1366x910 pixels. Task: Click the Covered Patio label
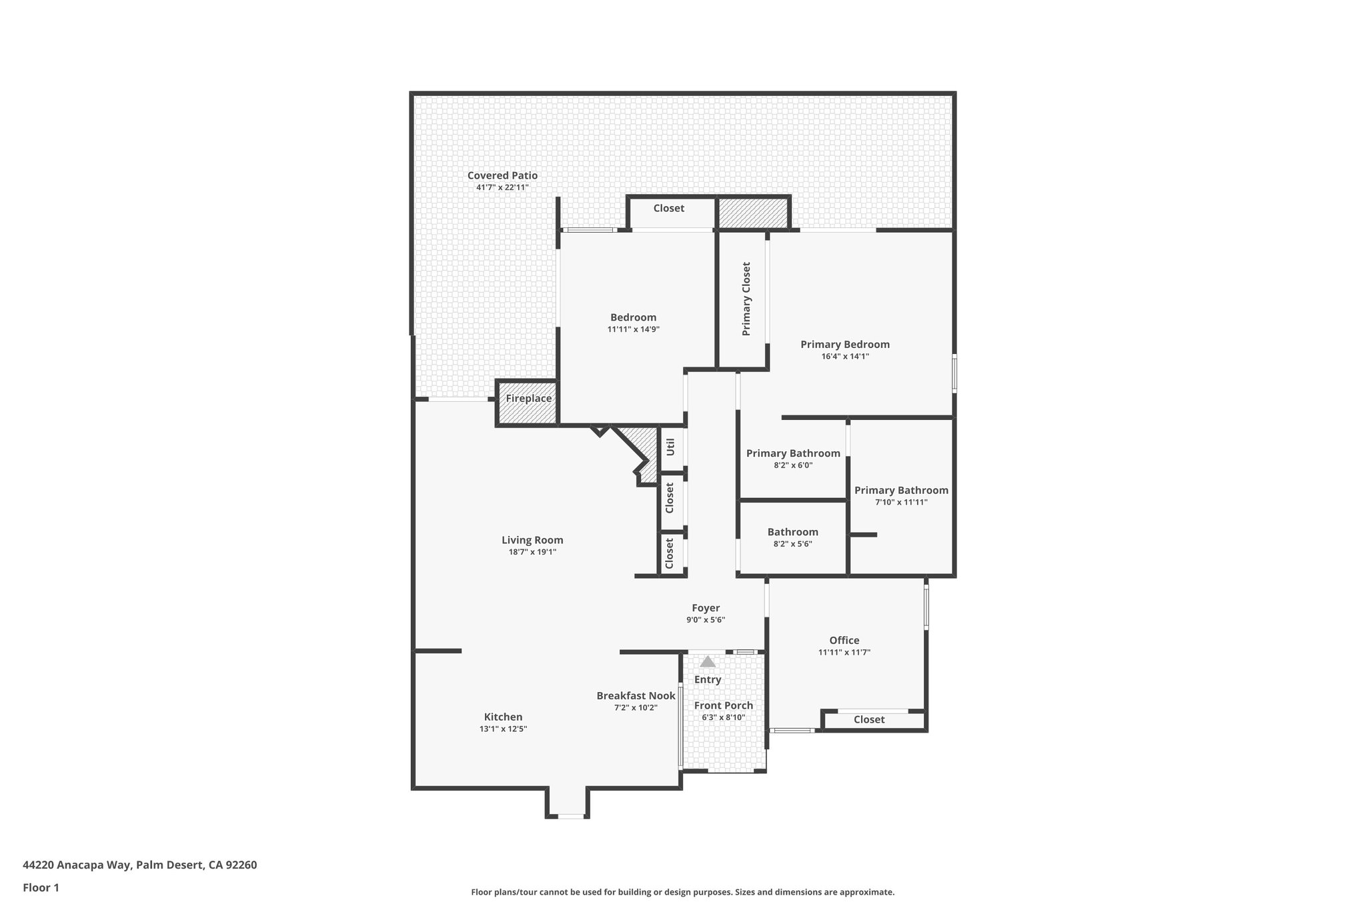point(502,176)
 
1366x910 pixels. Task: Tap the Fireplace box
point(528,399)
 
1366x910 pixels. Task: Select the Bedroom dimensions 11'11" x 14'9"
point(633,329)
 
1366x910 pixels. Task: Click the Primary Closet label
point(746,299)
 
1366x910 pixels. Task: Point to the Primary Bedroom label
point(844,345)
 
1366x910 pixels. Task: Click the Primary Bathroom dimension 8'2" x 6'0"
point(792,465)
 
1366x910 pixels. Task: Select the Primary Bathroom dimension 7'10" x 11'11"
point(900,503)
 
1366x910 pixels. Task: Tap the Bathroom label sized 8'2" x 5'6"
point(792,532)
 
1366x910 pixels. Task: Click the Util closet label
point(670,447)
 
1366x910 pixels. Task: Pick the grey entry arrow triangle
point(707,662)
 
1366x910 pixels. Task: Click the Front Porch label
point(723,705)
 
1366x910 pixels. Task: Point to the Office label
point(844,641)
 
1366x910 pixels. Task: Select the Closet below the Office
point(868,720)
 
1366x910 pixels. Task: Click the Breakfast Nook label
point(636,696)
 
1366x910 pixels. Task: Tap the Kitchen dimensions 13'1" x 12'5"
point(503,729)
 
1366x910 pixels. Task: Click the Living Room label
point(532,541)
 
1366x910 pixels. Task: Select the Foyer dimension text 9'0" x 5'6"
point(705,620)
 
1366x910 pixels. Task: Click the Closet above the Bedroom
point(668,209)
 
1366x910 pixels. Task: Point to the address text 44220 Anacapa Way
point(139,865)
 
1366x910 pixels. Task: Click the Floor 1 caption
point(41,888)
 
